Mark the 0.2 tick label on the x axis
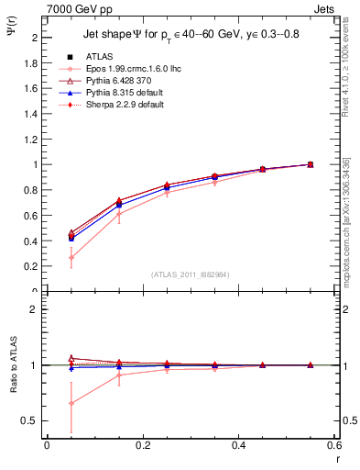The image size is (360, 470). pyautogui.click(x=142, y=445)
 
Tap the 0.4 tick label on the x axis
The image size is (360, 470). pyautogui.click(x=238, y=445)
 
